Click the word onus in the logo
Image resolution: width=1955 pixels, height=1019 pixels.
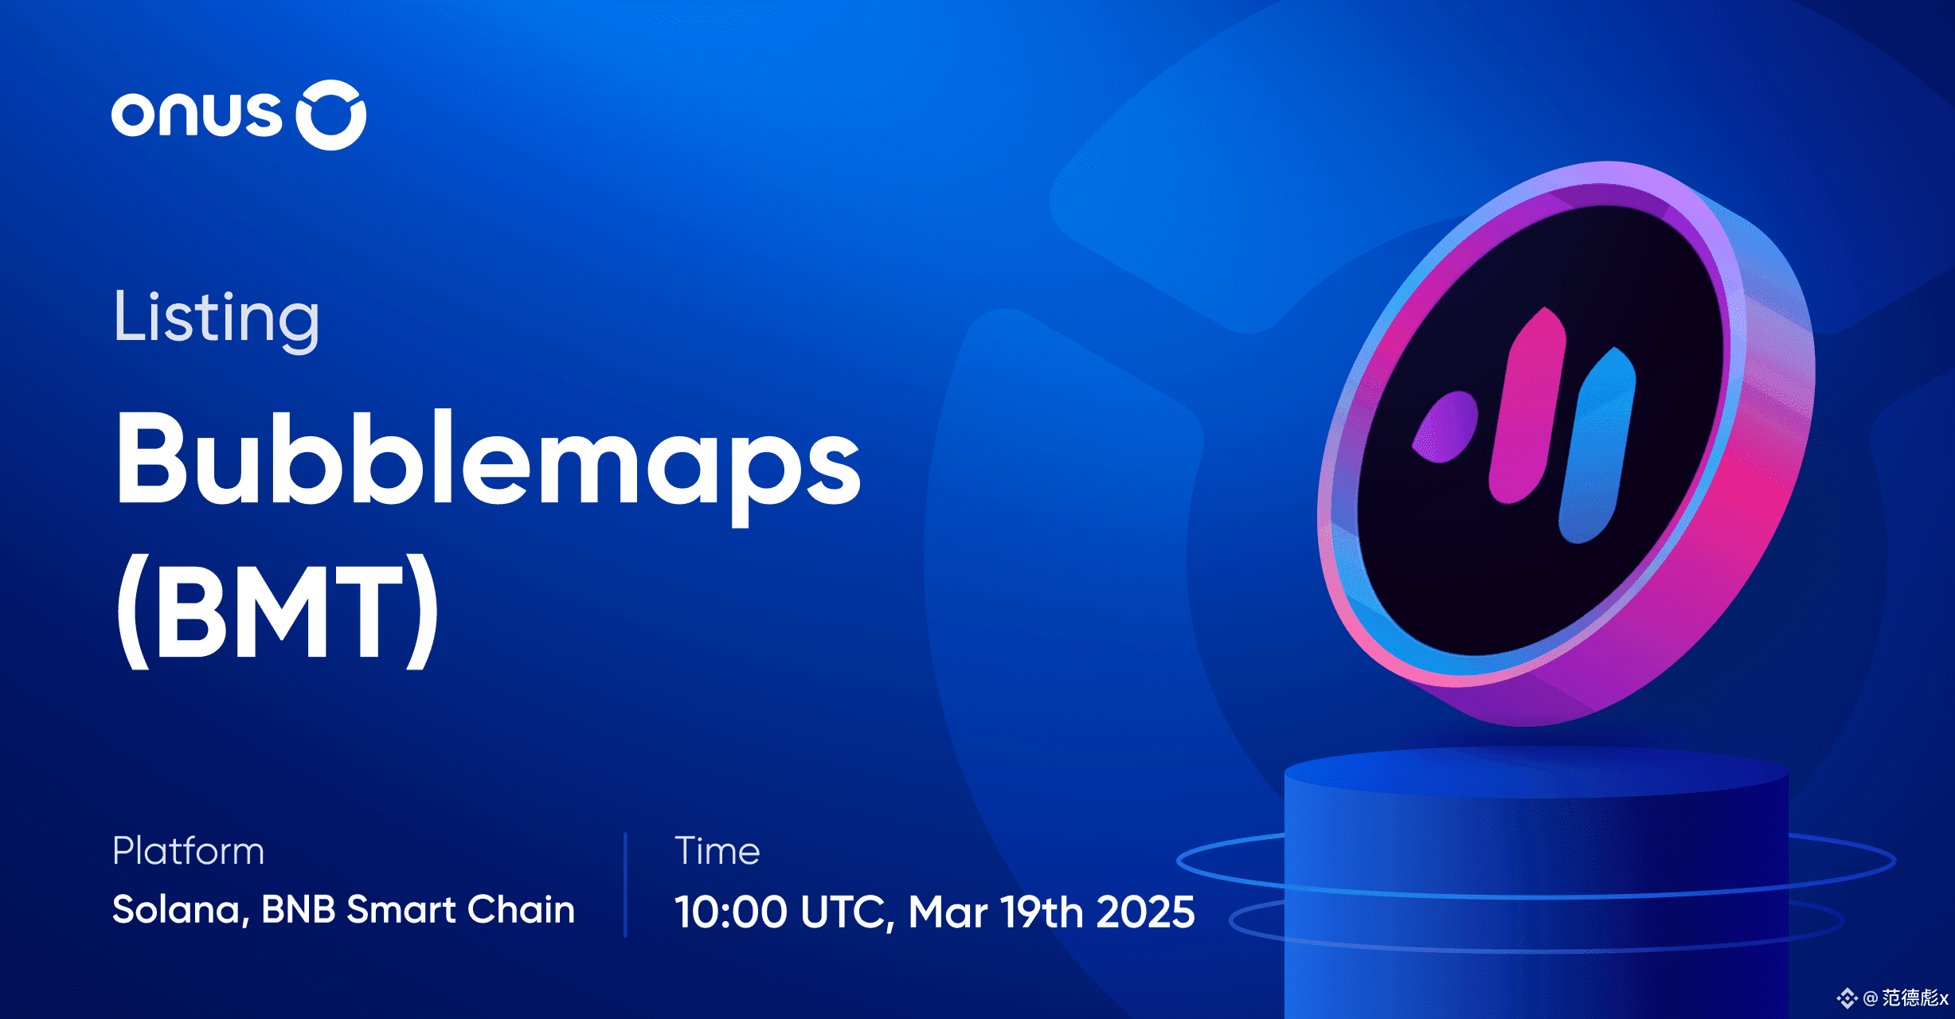point(197,115)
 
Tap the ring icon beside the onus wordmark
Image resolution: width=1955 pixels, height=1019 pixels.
point(331,115)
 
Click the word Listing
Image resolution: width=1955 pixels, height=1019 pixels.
point(217,318)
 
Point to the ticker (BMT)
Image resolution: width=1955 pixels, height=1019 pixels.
point(278,610)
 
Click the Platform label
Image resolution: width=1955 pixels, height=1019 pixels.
point(188,851)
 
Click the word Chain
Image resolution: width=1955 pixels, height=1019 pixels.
point(521,909)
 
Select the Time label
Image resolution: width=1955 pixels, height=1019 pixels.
point(717,851)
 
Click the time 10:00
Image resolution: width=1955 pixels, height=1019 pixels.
point(731,912)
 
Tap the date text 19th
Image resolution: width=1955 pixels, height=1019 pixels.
point(1042,912)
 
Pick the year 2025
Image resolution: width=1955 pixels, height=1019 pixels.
point(1145,912)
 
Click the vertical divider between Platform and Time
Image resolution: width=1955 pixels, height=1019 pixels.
point(626,884)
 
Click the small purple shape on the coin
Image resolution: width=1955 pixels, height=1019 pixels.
point(1445,427)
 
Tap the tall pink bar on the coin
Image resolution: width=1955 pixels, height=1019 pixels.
point(1527,406)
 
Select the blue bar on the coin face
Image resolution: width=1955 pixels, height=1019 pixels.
point(1597,446)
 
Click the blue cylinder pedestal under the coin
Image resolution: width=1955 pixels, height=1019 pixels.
point(1537,884)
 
